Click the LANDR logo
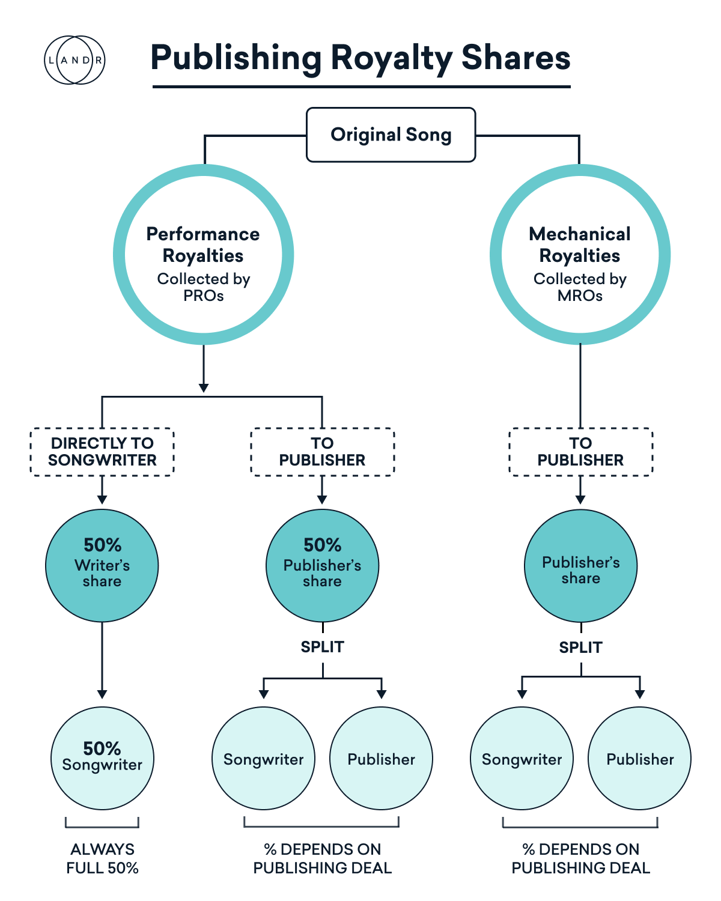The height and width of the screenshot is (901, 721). point(75,60)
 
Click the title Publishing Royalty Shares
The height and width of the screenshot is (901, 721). point(360,58)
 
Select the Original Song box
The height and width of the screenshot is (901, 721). point(391,135)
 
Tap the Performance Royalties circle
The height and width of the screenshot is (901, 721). point(203,254)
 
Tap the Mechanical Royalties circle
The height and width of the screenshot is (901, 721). point(580,254)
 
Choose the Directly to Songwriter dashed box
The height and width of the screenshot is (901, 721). point(102,452)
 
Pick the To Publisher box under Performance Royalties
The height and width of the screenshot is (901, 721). point(322,452)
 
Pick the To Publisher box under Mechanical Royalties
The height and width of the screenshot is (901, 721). point(580,452)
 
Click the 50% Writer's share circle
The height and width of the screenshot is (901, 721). point(102,565)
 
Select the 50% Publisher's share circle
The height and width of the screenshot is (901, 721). point(322,565)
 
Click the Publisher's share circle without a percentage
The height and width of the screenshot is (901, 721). point(580,566)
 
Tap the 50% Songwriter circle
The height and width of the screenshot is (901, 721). point(102,758)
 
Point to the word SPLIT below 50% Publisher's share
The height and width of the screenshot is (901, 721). point(322,647)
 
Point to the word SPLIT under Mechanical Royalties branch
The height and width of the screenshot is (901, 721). point(580,648)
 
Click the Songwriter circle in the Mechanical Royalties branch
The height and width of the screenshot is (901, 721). point(522,759)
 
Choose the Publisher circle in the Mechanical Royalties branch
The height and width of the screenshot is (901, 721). point(640,759)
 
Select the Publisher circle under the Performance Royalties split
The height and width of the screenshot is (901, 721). point(381,759)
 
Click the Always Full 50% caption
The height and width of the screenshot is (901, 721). point(102,858)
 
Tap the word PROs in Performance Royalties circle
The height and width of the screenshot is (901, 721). point(203,296)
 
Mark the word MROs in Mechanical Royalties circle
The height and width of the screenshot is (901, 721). point(580,296)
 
